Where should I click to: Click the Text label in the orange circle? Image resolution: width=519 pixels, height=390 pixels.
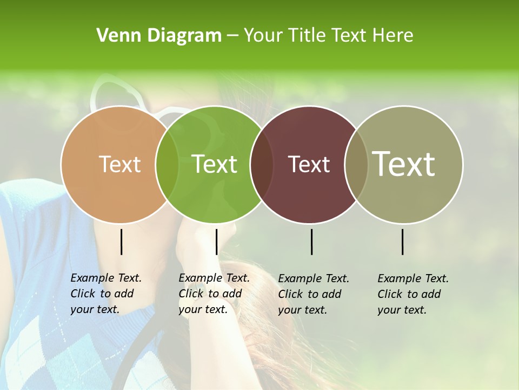(119, 164)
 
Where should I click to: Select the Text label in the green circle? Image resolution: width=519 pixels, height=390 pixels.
(215, 164)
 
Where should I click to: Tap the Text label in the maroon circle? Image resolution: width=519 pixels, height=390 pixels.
(309, 164)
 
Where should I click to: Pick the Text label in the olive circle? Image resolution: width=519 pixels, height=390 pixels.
(404, 164)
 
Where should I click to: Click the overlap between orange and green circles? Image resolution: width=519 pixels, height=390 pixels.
(167, 164)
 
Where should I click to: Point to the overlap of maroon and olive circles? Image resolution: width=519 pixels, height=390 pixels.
(356, 164)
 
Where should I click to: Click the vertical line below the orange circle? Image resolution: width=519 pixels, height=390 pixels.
(121, 242)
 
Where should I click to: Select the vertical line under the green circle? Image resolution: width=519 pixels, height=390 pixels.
(216, 242)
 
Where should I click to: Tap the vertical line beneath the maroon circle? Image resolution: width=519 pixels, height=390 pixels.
(311, 242)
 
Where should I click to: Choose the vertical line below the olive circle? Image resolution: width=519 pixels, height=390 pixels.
(403, 242)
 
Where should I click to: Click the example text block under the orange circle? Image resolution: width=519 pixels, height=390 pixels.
(105, 294)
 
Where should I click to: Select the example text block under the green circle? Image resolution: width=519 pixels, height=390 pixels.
(214, 294)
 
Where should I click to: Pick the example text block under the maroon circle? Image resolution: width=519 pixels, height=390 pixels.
(313, 294)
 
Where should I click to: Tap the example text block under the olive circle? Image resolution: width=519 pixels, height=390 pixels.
(412, 294)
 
